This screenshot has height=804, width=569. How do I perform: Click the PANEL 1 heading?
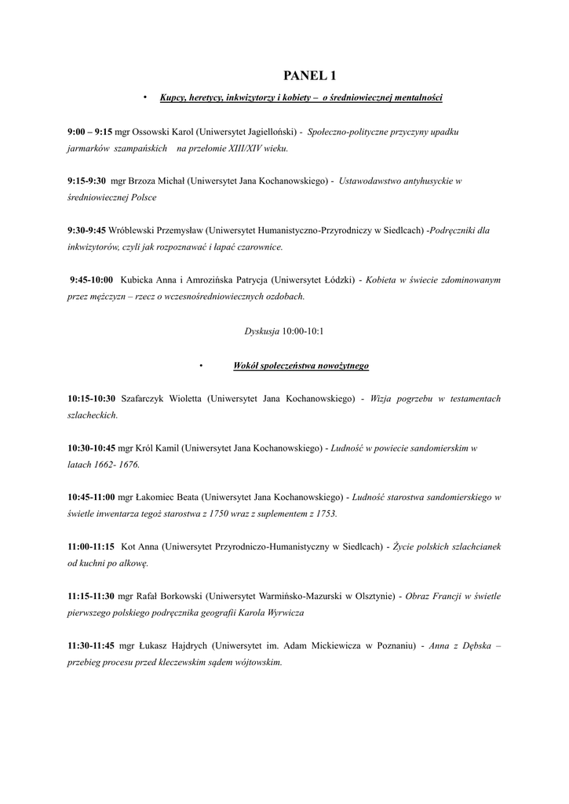[309, 75]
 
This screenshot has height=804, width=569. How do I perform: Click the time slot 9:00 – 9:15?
[89, 132]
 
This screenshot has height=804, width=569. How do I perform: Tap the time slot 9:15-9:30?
[86, 181]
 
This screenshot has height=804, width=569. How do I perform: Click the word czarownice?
[258, 247]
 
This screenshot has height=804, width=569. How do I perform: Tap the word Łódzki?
[332, 280]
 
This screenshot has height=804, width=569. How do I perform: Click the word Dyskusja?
[262, 331]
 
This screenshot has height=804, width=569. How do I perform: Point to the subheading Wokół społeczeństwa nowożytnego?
[301, 366]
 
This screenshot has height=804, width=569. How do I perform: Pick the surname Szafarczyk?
[151, 400]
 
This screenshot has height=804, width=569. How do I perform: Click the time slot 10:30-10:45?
[91, 448]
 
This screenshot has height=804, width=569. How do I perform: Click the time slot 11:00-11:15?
[91, 546]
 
